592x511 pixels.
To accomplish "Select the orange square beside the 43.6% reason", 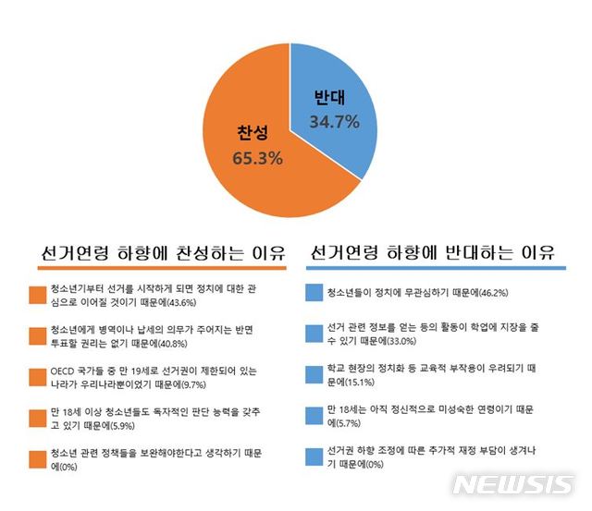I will pyautogui.click(x=38, y=295).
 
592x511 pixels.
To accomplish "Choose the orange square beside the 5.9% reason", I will pyautogui.click(x=38, y=417).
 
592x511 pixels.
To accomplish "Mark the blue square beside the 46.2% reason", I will pyautogui.click(x=312, y=293).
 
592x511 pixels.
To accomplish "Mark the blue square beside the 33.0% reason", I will pyautogui.click(x=312, y=334).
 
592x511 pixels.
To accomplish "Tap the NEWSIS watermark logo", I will pyautogui.click(x=515, y=485).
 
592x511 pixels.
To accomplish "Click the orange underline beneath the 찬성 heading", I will pyautogui.click(x=159, y=268).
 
